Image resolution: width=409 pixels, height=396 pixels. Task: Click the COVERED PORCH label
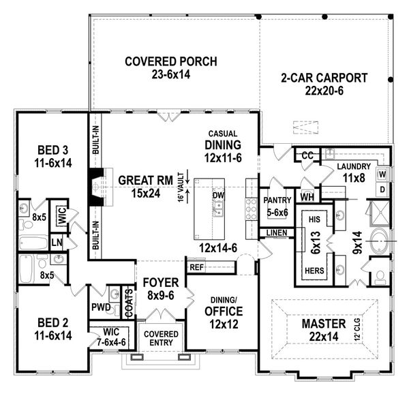tap(171, 62)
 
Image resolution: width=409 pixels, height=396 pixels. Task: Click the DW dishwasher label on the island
tap(219, 195)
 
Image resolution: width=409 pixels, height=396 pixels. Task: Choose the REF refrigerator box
tap(196, 267)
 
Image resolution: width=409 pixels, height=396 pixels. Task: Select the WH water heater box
tap(307, 198)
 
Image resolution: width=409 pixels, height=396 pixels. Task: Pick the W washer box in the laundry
tap(382, 173)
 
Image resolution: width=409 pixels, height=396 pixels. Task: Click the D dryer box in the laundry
tap(382, 188)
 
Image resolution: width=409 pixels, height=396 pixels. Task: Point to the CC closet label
tap(307, 156)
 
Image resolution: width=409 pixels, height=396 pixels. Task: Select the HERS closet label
tap(314, 269)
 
